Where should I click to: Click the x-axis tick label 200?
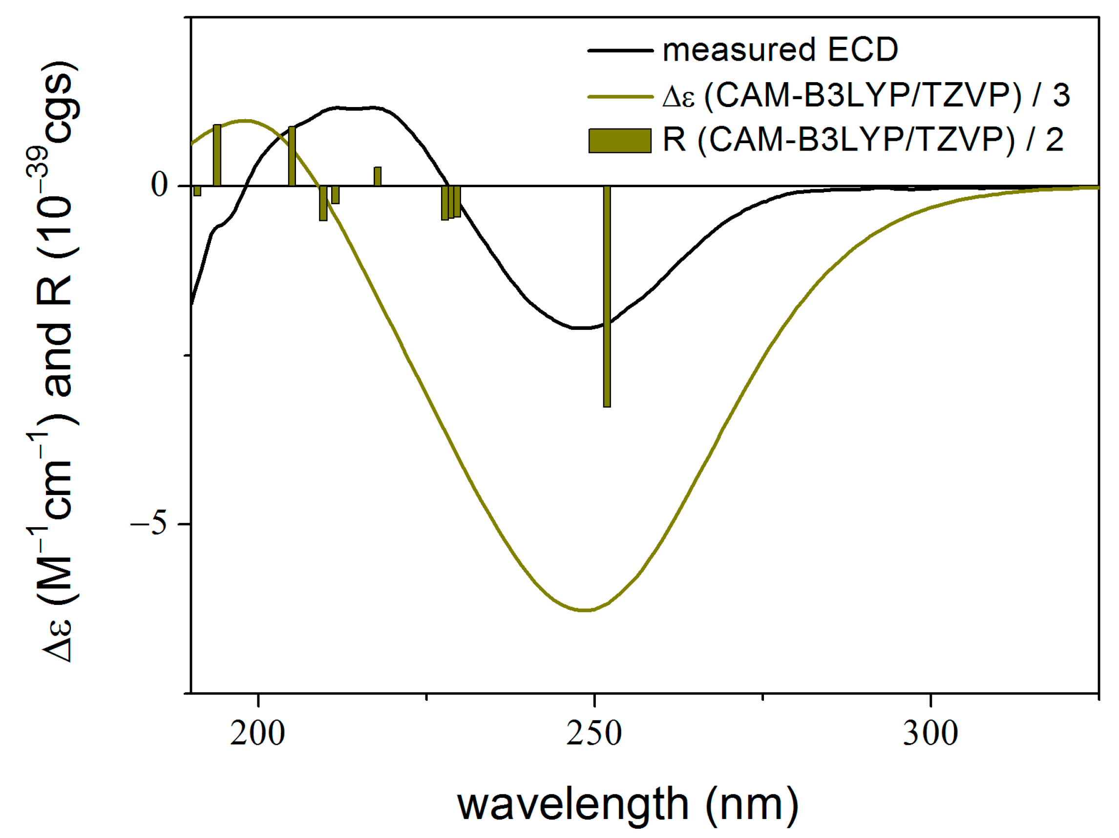pyautogui.click(x=257, y=733)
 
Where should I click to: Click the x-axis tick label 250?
pyautogui.click(x=594, y=733)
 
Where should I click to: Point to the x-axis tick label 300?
pyautogui.click(x=930, y=733)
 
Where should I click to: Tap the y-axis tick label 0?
pyautogui.click(x=159, y=185)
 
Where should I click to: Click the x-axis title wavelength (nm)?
pyautogui.click(x=628, y=805)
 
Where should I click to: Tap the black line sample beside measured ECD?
pyautogui.click(x=620, y=50)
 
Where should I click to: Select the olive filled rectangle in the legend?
pyautogui.click(x=620, y=140)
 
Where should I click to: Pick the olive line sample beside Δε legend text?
pyautogui.click(x=620, y=96)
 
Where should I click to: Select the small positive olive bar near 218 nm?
pyautogui.click(x=378, y=176)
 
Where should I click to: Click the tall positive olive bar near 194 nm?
pyautogui.click(x=217, y=155)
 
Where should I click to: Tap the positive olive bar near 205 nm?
pyautogui.click(x=292, y=156)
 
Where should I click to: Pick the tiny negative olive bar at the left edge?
pyautogui.click(x=197, y=191)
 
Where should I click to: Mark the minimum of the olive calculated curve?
pyautogui.click(x=584, y=610)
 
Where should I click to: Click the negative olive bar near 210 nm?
pyautogui.click(x=323, y=203)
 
